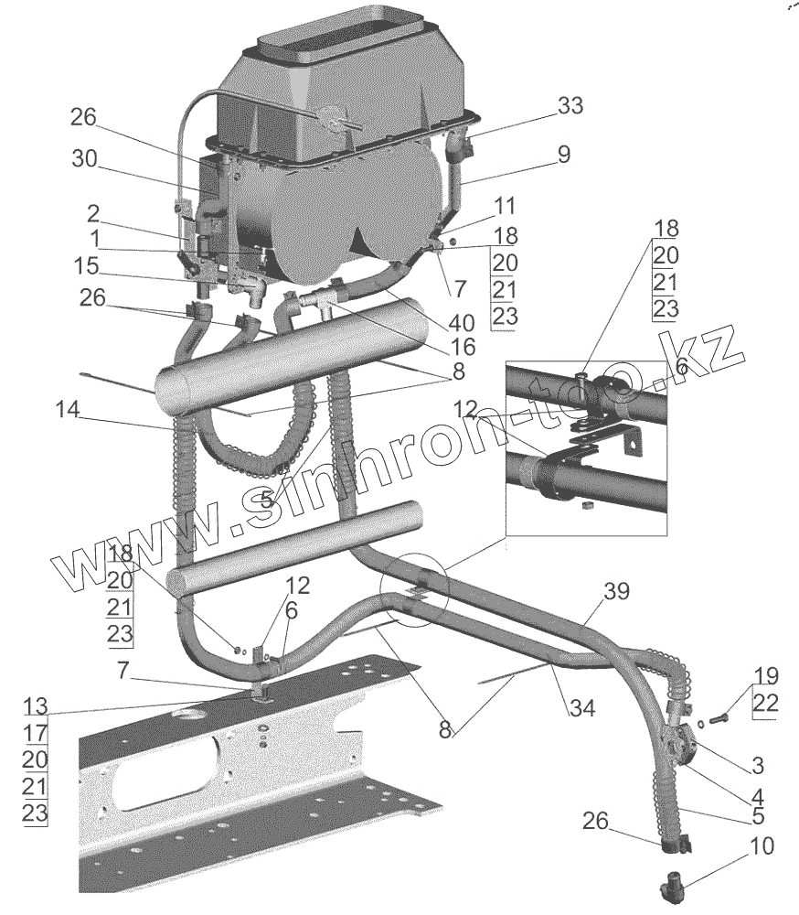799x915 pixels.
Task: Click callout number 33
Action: [x=570, y=106]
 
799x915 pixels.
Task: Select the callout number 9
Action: [x=563, y=154]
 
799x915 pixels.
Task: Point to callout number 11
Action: [x=506, y=205]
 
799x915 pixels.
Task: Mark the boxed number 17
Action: [x=35, y=733]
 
